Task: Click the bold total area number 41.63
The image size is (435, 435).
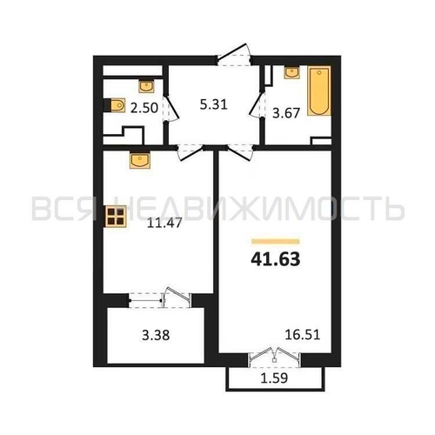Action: point(276,259)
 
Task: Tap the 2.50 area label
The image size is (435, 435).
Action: point(144,108)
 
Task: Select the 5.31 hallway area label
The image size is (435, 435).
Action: point(214,104)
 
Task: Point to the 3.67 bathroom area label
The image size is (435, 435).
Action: point(286,113)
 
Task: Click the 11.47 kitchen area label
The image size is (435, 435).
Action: point(164,223)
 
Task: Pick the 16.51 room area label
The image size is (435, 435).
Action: point(303,335)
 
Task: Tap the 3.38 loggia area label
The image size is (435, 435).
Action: point(156,335)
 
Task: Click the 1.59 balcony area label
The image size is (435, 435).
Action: point(274,378)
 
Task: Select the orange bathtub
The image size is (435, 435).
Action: point(319,90)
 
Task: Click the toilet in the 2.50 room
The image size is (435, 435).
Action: point(115,105)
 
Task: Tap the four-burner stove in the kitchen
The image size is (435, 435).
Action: point(116,217)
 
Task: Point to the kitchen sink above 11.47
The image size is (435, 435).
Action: point(140,160)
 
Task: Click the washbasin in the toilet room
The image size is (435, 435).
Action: point(146,85)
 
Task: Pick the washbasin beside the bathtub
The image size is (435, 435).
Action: point(292,72)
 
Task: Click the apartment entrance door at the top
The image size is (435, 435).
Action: point(234,55)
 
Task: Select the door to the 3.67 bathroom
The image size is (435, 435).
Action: point(257,104)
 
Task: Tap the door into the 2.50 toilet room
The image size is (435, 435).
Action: point(171,108)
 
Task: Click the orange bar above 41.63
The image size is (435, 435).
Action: point(276,241)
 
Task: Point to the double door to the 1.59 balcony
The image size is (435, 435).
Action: point(275,357)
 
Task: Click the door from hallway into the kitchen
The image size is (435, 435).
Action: point(191,152)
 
